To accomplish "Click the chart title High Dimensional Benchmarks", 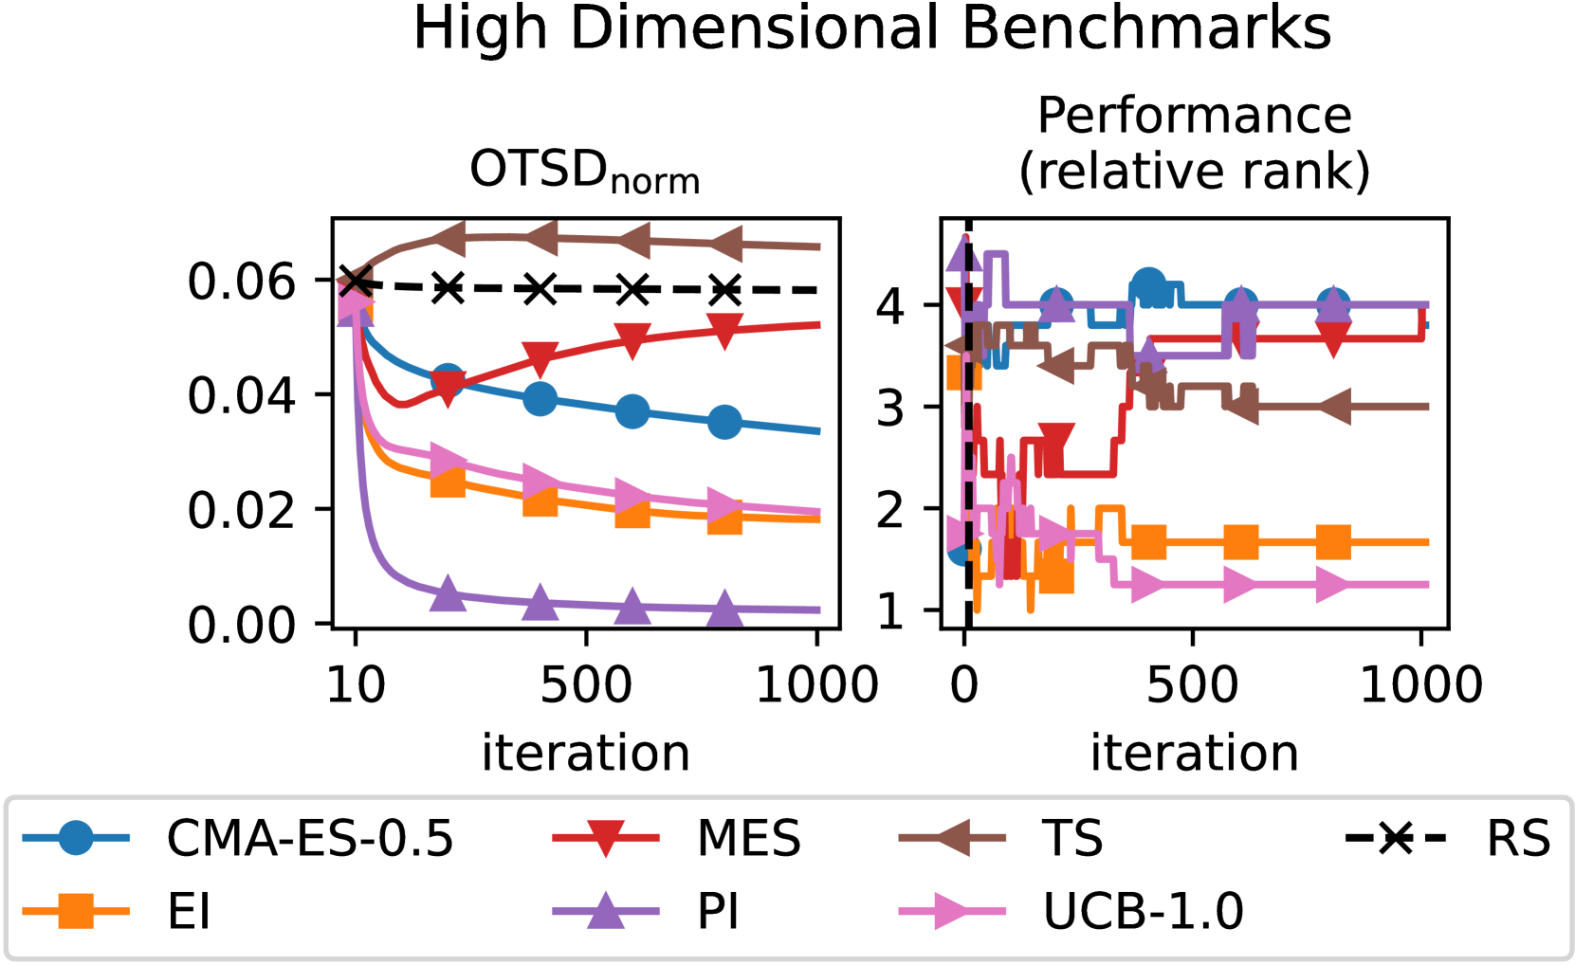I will (871, 28).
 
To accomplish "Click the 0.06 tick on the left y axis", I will (242, 282).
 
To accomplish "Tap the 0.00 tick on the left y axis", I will (242, 625).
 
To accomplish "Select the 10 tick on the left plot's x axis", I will (356, 684).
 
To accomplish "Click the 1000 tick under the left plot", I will (816, 684).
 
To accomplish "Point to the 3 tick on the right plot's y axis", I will (890, 408).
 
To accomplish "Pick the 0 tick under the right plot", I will (964, 684).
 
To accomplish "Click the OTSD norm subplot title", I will (585, 172).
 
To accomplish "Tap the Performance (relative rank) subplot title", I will (1194, 143).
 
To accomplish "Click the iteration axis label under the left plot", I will (585, 754).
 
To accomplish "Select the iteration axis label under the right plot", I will (1194, 754).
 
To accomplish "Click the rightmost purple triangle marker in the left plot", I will (724, 608).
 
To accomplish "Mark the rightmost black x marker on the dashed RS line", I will (724, 289).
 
